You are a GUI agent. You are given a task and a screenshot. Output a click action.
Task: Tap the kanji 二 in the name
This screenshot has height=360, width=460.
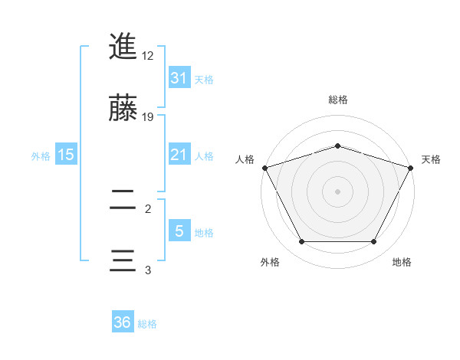(123, 201)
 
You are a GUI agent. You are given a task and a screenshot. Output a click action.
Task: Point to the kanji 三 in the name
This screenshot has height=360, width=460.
(123, 260)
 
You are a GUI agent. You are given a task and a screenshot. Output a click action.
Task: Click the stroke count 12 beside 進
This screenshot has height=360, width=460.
(148, 56)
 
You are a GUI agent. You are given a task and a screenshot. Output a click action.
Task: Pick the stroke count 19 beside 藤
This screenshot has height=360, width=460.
(148, 117)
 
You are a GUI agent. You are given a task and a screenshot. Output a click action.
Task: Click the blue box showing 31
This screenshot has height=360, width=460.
(179, 77)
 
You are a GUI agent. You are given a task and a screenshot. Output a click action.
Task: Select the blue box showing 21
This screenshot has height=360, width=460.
(179, 155)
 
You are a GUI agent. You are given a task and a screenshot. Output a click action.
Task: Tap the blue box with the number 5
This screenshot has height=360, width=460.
(179, 231)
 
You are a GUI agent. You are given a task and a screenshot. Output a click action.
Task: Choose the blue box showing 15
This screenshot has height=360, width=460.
(66, 155)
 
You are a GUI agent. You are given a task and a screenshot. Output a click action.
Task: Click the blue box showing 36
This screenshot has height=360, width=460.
(123, 322)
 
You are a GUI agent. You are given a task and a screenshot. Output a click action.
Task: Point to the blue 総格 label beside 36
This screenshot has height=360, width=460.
(147, 324)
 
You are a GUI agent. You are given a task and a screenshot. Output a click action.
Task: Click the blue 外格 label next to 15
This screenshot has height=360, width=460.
(41, 155)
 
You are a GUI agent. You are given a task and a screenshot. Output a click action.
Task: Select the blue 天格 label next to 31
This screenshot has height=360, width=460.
(204, 79)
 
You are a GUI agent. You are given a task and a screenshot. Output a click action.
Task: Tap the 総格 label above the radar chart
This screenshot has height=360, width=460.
(337, 100)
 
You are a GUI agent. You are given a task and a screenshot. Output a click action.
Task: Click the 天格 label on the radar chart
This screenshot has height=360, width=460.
(431, 159)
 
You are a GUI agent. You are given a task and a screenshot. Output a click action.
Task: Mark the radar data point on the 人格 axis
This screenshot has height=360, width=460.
(264, 168)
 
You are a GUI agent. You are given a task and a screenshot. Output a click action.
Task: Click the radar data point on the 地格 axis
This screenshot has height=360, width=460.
(374, 242)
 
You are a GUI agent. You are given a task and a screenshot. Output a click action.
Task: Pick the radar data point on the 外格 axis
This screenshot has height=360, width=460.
(301, 242)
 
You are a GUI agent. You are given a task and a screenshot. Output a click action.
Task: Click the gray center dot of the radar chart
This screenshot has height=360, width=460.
(337, 191)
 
